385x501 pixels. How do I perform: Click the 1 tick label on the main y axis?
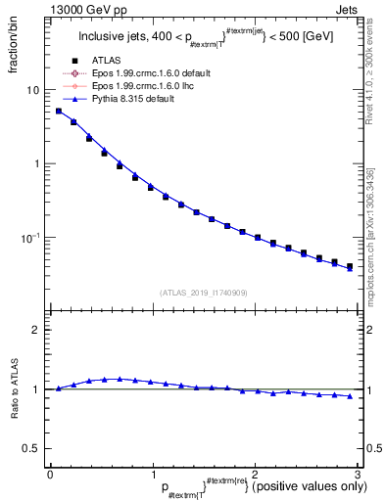(x=35, y=164)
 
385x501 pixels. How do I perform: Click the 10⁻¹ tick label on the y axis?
(x=29, y=238)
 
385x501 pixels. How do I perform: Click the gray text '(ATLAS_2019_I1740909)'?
(x=202, y=293)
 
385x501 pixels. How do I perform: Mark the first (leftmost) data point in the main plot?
(x=59, y=112)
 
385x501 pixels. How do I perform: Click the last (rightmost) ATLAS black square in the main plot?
(x=350, y=266)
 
